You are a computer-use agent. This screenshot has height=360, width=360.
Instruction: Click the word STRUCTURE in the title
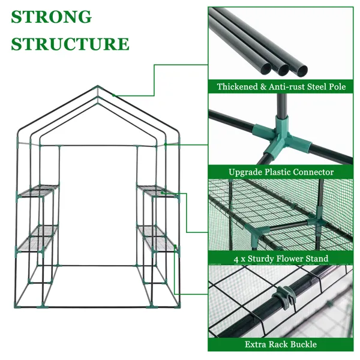click(70, 44)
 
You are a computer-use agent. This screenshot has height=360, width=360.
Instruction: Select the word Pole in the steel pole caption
click(337, 87)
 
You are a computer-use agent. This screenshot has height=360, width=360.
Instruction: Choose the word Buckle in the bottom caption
click(303, 344)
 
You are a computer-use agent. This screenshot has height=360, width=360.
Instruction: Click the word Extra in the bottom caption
click(256, 344)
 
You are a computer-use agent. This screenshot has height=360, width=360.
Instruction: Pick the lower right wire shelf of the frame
click(157, 236)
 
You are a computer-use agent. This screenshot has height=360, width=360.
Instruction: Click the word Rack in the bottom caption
click(280, 344)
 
